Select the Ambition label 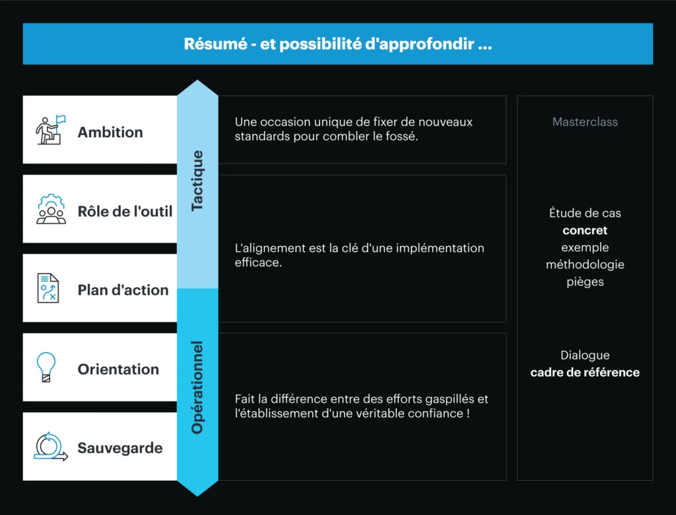tap(110, 132)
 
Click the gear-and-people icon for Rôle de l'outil tap(51, 210)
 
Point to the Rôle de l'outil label tap(125, 211)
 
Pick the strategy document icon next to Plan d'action tap(48, 289)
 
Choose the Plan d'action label tap(123, 290)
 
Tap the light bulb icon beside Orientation tap(46, 367)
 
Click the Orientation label tap(118, 369)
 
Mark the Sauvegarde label tap(120, 448)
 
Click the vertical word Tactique tap(197, 181)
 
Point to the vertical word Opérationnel tap(197, 387)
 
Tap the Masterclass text tap(585, 122)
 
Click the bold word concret tap(585, 231)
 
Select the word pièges tap(585, 282)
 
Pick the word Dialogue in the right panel tap(585, 355)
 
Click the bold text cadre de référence tap(585, 373)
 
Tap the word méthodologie tap(585, 264)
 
